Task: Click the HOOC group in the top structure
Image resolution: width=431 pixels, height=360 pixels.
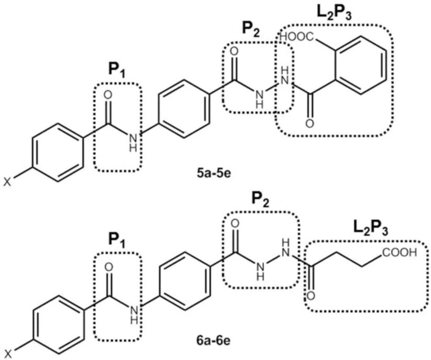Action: tap(297, 36)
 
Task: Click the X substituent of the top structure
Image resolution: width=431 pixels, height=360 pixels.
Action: tap(7, 182)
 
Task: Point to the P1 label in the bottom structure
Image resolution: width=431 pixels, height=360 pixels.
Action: tap(117, 240)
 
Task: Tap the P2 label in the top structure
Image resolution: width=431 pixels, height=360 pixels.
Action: tap(251, 29)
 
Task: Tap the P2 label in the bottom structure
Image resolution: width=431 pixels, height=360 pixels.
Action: tap(261, 200)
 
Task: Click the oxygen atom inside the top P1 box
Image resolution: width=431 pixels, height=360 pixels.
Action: tap(108, 95)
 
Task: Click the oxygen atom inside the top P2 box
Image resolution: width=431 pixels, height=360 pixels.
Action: tap(234, 52)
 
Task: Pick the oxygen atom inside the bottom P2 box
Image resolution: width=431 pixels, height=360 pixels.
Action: tap(234, 224)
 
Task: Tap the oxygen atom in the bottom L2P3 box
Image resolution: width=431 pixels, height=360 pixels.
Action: tap(311, 296)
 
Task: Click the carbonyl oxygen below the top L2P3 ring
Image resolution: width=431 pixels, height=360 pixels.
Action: tap(310, 123)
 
